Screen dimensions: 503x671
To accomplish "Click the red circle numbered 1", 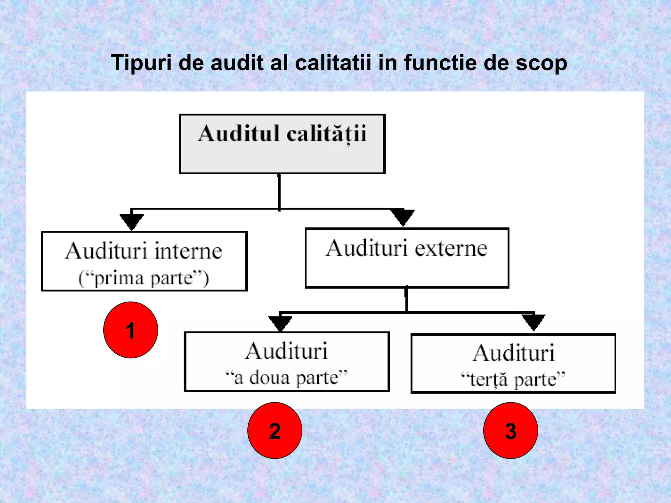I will pos(130,330).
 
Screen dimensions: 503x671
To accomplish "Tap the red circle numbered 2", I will pos(275,430).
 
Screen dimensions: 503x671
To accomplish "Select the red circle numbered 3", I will pos(510,430).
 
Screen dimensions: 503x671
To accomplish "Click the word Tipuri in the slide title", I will pos(141,63).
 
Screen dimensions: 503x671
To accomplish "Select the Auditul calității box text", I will pos(282,134).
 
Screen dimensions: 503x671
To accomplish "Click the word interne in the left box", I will pos(188,251).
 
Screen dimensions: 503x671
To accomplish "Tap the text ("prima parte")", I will pos(144,278).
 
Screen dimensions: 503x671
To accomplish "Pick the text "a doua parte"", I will pos(286,378).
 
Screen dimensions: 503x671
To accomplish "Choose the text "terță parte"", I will pos(513,380).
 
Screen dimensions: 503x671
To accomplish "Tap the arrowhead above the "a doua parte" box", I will pos(280,323).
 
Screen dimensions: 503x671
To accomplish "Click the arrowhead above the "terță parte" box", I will pos(533,322).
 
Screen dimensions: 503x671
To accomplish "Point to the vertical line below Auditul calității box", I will pos(279,192).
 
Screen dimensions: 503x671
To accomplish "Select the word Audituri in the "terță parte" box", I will pos(513,353).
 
